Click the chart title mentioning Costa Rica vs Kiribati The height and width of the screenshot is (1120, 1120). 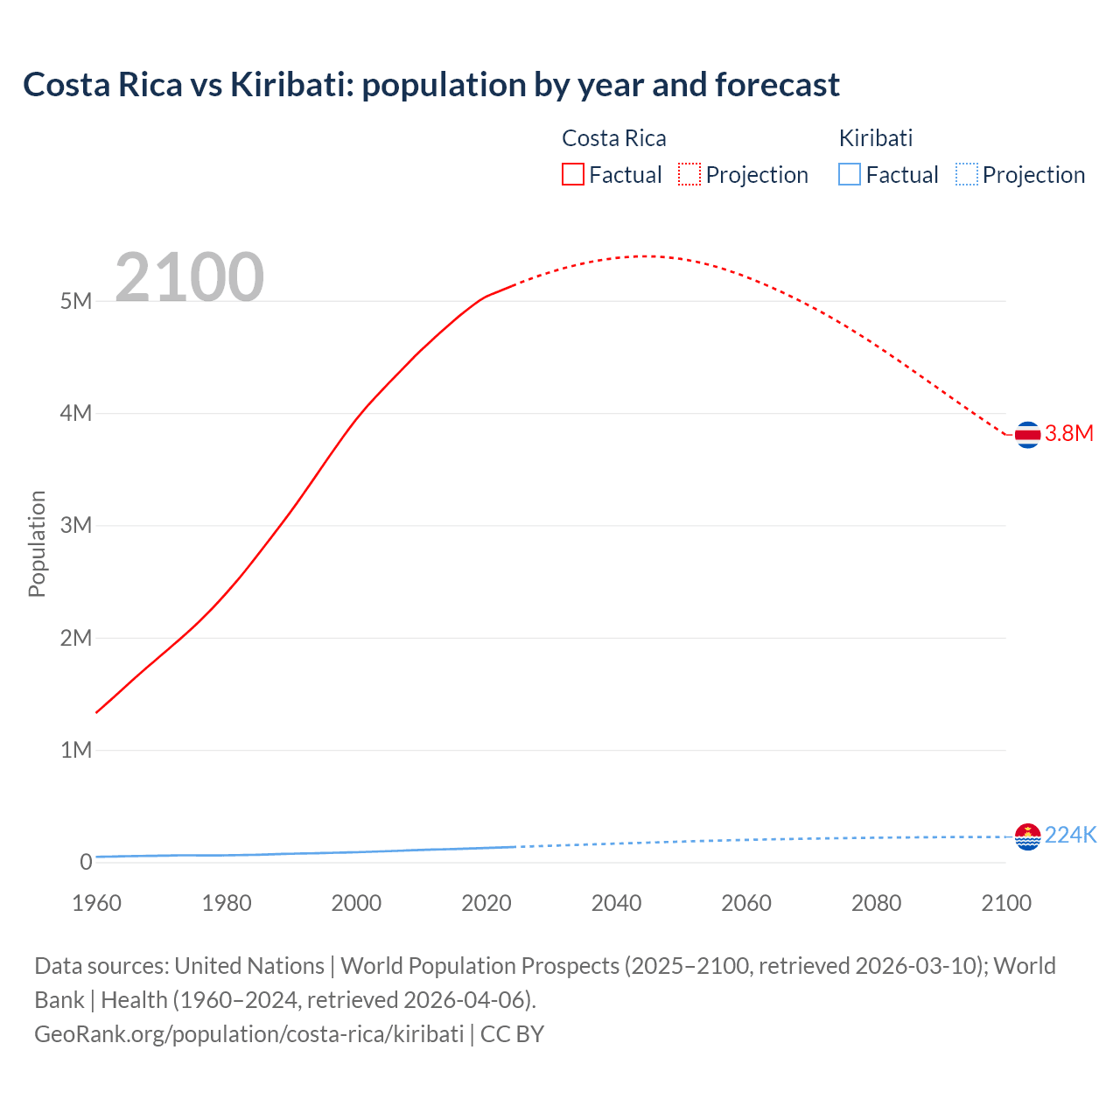(430, 85)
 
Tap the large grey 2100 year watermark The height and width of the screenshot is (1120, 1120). (189, 277)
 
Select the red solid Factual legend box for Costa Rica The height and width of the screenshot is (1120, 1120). (573, 175)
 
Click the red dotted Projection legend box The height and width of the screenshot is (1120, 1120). (689, 175)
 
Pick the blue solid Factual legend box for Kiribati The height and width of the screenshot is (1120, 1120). (850, 175)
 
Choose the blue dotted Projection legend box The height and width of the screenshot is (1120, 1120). (966, 175)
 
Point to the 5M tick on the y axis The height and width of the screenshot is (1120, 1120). (76, 302)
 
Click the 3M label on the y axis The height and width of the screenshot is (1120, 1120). (76, 526)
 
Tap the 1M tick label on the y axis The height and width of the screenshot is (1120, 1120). (76, 750)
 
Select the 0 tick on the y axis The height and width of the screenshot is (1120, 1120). (86, 862)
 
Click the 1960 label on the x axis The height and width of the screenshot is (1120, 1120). (96, 903)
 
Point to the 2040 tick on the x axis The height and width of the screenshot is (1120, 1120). (616, 903)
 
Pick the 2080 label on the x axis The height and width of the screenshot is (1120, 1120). (876, 903)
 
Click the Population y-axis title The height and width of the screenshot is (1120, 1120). (37, 543)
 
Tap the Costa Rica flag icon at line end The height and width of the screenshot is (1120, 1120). (1027, 434)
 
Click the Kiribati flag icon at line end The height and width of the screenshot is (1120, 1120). (1027, 836)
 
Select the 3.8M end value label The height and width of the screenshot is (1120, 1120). (1069, 434)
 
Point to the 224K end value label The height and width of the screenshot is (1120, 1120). (1070, 836)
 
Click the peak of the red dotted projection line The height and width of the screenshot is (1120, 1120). (644, 256)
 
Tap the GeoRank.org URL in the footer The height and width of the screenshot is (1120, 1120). (248, 1034)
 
